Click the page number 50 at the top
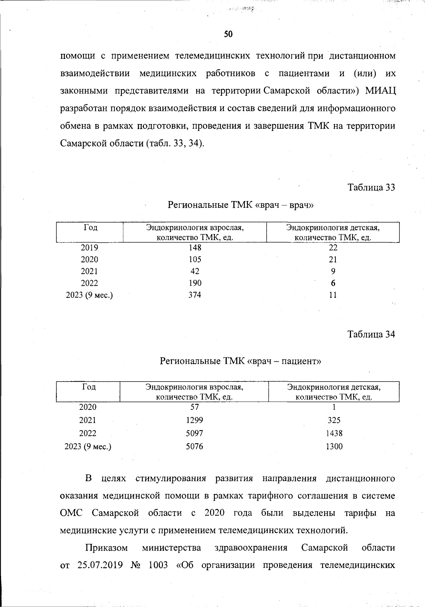[228, 34]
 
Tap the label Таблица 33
[371, 187]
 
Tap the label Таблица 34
[371, 334]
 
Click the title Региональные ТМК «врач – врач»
[240, 205]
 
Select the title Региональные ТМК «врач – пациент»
[240, 361]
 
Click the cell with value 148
[195, 247]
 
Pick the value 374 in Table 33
[195, 295]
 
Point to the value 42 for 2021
[195, 271]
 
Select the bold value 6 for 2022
[333, 283]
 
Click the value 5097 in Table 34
[194, 433]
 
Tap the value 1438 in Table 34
[334, 433]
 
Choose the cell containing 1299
[194, 420]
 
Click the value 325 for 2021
[334, 420]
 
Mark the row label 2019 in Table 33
[89, 247]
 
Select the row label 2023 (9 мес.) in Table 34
[88, 446]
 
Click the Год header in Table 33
[90, 228]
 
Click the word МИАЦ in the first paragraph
[380, 91]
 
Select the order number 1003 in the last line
[158, 565]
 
